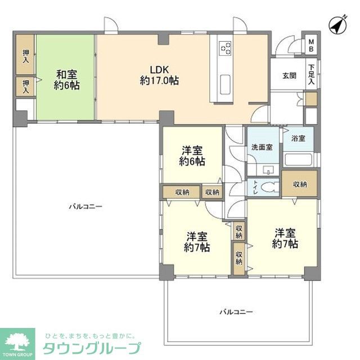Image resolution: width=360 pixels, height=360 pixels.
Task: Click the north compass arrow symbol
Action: pyautogui.click(x=336, y=25)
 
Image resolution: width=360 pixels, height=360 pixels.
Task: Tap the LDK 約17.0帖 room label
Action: pyautogui.click(x=159, y=75)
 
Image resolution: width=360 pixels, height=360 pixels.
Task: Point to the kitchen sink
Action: pyautogui.click(x=226, y=84)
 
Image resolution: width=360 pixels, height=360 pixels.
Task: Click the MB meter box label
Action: pyautogui.click(x=310, y=45)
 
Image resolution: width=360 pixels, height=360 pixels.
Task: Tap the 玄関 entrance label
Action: pyautogui.click(x=289, y=75)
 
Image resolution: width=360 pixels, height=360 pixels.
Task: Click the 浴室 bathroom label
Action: pyautogui.click(x=298, y=137)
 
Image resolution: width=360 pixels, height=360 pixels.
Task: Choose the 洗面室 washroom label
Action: pyautogui.click(x=262, y=147)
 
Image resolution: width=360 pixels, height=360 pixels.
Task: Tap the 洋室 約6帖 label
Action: pyautogui.click(x=192, y=156)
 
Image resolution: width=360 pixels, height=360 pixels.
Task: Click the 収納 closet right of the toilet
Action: pyautogui.click(x=299, y=184)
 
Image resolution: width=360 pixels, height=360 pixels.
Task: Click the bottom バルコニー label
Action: pyautogui.click(x=236, y=311)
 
